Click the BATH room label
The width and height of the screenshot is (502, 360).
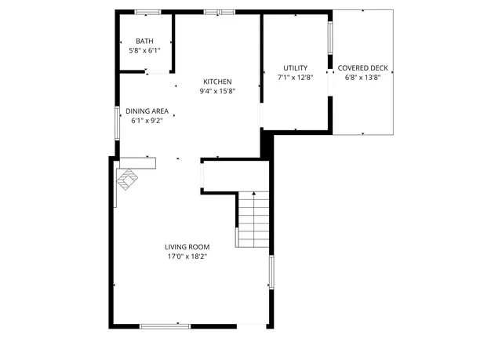point(144,42)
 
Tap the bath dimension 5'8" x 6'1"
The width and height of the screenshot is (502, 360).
point(144,50)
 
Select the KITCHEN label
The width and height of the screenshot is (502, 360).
point(217,82)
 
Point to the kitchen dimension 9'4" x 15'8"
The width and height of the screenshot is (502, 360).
point(217,91)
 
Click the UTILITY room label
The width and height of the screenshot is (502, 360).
point(295,68)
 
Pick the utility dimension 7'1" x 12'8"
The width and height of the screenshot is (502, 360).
point(295,78)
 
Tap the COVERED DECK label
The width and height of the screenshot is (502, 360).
point(362,68)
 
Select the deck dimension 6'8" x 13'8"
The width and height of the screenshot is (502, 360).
point(362,78)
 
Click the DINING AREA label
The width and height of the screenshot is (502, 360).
point(147,111)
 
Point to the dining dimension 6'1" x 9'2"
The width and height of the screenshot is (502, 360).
point(147,121)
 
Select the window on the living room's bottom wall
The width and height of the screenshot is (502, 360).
point(165,325)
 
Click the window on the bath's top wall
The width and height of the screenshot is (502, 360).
point(147,12)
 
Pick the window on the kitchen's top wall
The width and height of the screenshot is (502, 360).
point(220,12)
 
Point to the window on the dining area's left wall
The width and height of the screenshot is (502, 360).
point(118,122)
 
